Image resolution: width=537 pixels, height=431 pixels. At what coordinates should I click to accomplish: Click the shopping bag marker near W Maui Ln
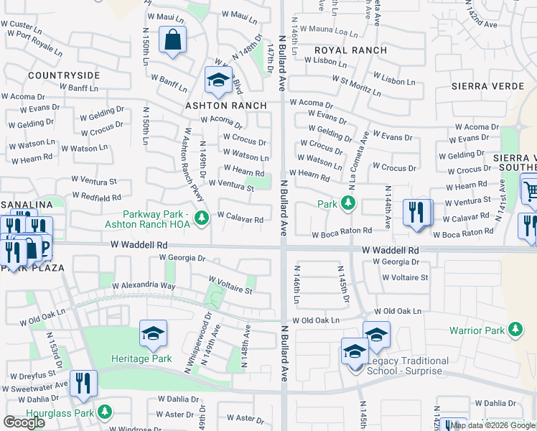coord(173,41)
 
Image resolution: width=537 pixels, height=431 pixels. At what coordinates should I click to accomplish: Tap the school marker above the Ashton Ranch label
coord(218,81)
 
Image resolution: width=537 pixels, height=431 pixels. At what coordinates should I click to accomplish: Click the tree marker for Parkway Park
coord(202,216)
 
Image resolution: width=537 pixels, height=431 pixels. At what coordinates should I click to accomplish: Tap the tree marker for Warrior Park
coord(515,330)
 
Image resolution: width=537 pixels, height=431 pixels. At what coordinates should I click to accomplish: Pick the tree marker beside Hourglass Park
coord(105,412)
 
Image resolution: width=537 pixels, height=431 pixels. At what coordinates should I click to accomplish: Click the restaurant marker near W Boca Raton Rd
coord(416,213)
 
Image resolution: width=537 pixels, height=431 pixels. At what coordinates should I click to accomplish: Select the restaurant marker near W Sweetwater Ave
coord(84,385)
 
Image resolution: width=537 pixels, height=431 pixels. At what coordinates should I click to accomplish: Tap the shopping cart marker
coord(530,190)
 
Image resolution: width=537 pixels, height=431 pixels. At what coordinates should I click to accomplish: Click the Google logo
coord(24,422)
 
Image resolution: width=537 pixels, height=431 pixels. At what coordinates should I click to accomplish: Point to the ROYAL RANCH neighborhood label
coord(350,50)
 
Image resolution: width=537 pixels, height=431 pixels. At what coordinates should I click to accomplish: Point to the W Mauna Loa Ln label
coord(328,31)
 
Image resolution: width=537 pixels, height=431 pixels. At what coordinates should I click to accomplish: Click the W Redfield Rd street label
coord(95,196)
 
